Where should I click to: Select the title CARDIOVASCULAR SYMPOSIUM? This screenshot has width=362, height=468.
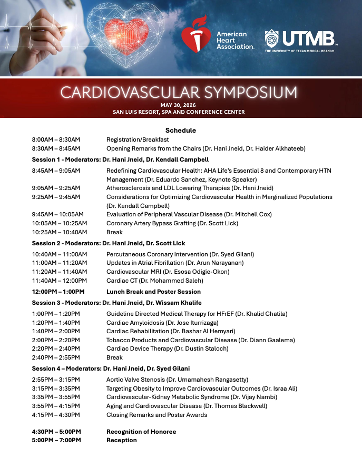click(179, 92)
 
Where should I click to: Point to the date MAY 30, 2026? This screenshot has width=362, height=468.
click(179, 105)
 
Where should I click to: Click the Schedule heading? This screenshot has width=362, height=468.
click(181, 130)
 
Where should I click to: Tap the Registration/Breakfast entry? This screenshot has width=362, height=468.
click(138, 140)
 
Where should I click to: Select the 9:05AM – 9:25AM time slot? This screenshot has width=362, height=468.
click(56, 188)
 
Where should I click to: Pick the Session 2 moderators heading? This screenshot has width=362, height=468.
click(109, 243)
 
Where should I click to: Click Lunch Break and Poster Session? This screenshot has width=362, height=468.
click(153, 292)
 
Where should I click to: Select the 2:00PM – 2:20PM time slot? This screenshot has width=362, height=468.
click(56, 340)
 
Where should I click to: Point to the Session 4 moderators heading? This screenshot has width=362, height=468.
click(111, 369)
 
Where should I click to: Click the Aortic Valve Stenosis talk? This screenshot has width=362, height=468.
click(177, 379)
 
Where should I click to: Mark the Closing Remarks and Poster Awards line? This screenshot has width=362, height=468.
click(157, 415)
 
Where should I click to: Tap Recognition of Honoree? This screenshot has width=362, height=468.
click(141, 432)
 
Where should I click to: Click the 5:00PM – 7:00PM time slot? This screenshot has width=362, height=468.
click(56, 440)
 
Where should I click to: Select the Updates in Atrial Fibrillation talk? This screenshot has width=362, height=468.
click(175, 263)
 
